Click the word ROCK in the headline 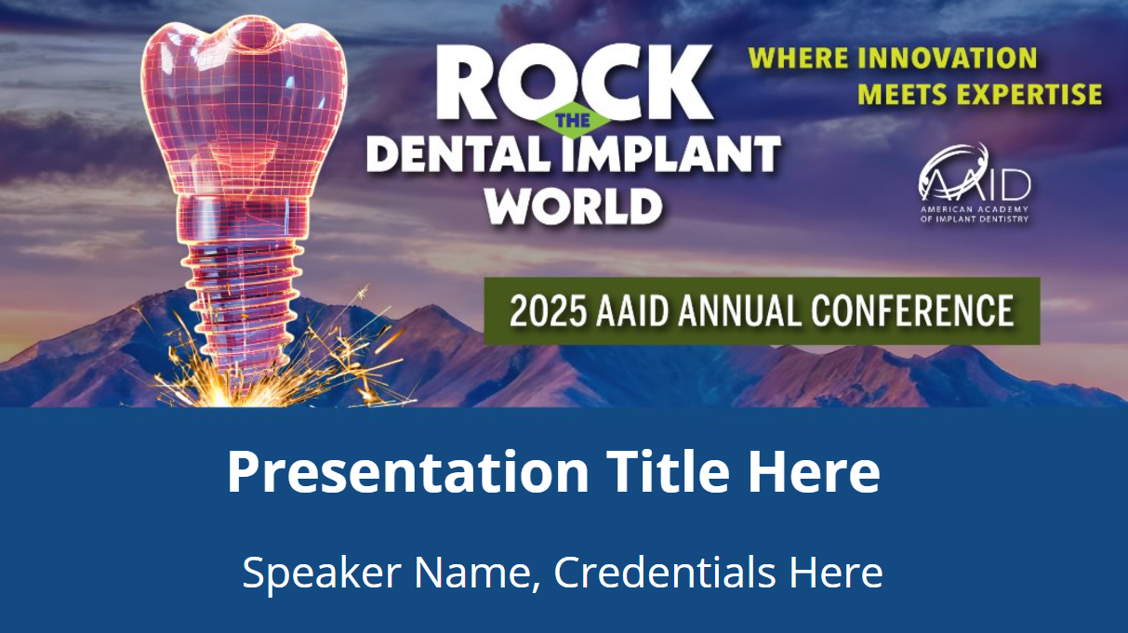coord(574,82)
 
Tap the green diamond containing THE coord(574,120)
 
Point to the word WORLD coord(574,205)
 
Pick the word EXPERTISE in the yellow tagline coord(1021,94)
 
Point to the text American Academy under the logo coord(975,209)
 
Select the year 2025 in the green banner coord(549,311)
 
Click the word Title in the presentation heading coord(668,470)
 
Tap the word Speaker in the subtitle coord(322,573)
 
